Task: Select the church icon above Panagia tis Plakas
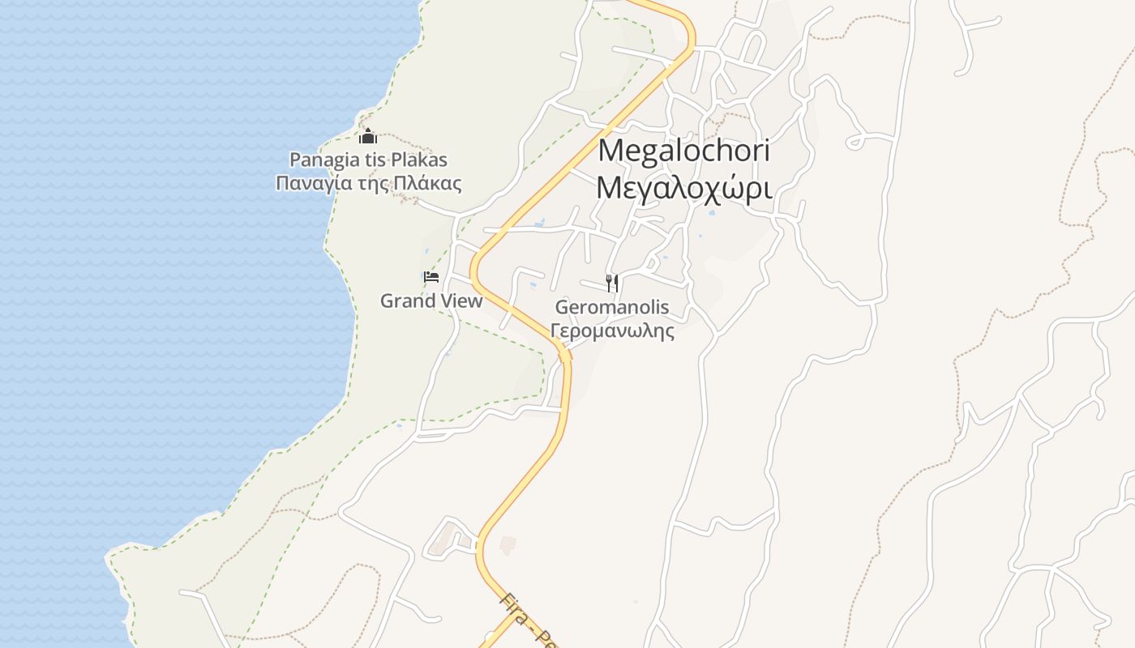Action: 368,136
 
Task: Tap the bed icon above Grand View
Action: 431,278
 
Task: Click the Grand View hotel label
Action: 431,301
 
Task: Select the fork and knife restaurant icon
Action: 612,283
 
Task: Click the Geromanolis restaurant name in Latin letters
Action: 612,308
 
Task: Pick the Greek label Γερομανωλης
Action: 612,330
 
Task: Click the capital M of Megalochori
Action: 610,151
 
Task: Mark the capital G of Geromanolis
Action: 562,308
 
